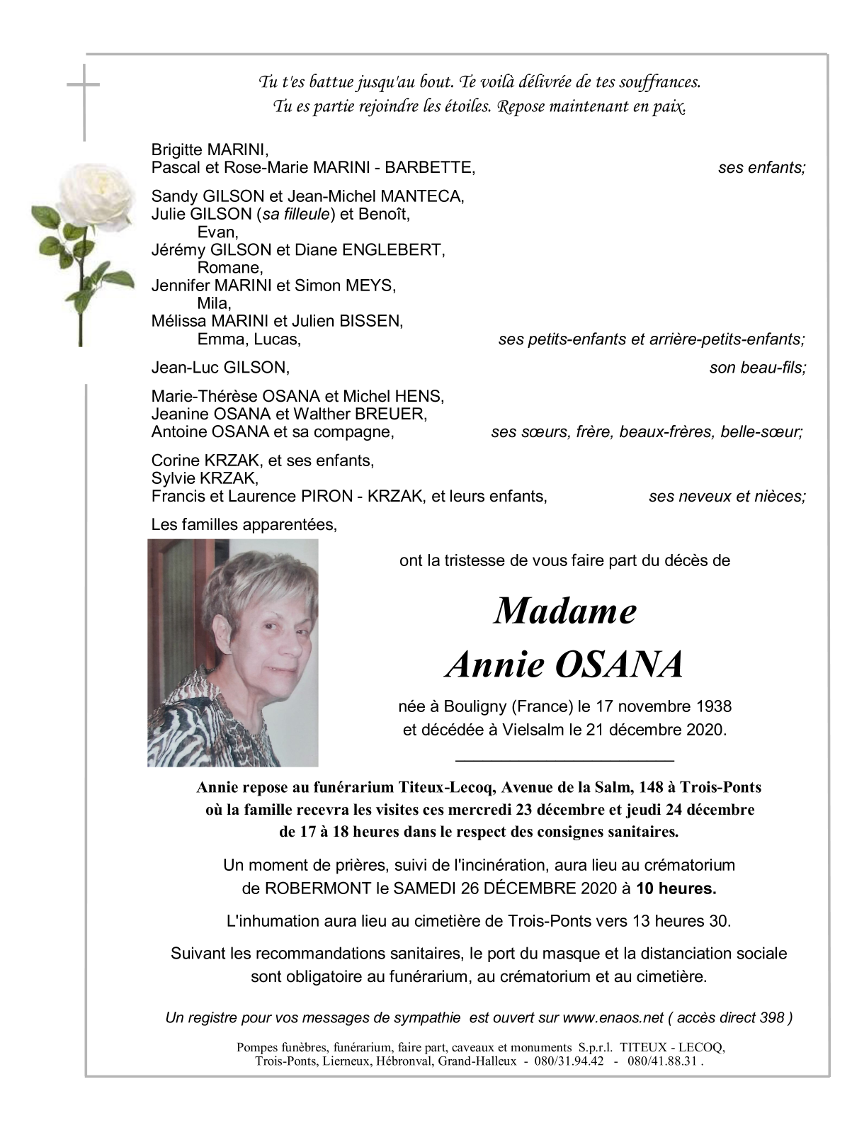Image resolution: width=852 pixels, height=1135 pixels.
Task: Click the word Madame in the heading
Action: tap(565, 611)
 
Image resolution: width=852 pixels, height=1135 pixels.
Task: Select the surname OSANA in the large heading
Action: tap(619, 665)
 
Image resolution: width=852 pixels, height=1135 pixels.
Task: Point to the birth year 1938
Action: tap(714, 706)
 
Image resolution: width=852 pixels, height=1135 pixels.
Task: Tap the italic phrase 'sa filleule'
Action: tap(296, 214)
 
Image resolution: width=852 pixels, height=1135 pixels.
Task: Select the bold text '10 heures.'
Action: tap(676, 888)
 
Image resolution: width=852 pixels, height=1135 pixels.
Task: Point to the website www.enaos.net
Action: tap(613, 1018)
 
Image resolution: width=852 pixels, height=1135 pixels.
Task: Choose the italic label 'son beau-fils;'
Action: tap(757, 368)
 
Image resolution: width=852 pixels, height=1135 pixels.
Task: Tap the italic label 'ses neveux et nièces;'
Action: tap(727, 497)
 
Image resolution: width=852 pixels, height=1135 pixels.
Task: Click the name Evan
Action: tap(217, 232)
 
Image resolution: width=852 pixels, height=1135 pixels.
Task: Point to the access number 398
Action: tap(771, 1018)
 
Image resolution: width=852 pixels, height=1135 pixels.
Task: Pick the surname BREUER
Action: tap(394, 414)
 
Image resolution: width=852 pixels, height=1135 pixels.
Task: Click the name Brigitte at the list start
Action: tap(177, 150)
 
